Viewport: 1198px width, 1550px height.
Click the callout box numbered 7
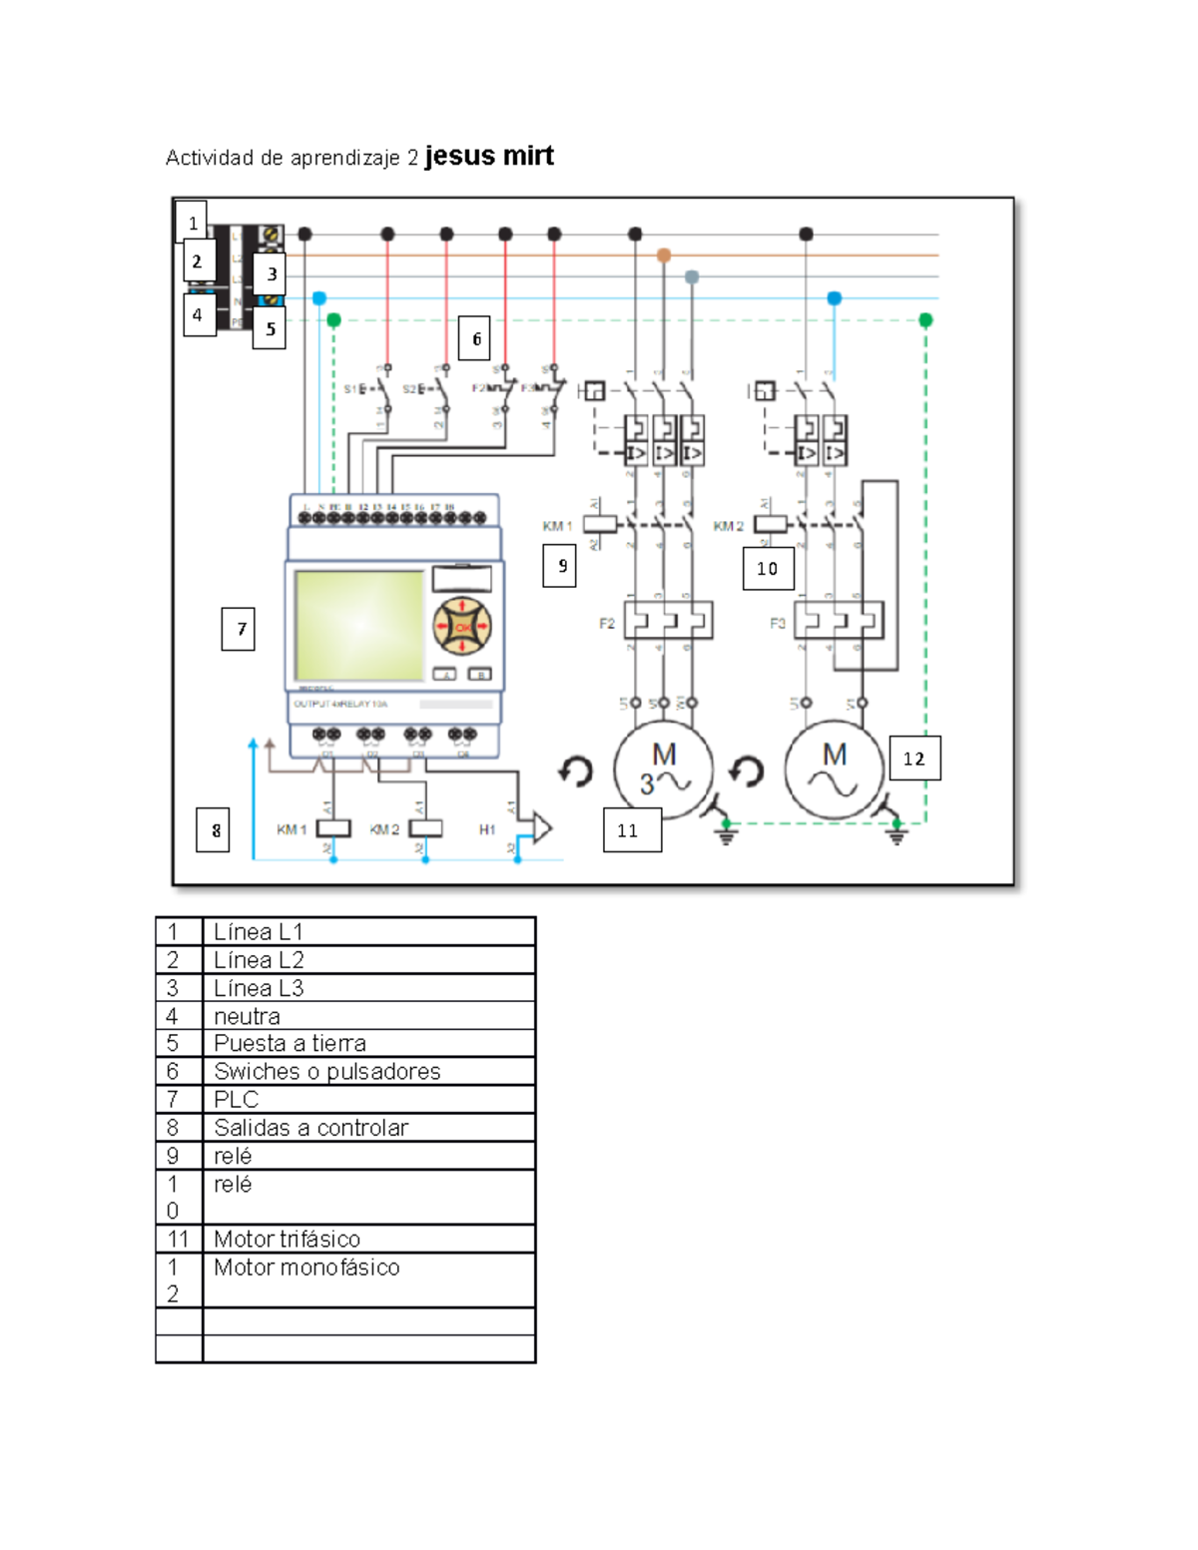click(238, 630)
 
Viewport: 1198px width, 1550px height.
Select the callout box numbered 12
click(914, 759)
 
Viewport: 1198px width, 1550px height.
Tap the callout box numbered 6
click(476, 339)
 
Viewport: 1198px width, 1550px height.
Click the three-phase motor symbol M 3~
click(663, 770)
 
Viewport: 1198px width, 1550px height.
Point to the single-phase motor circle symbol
click(835, 770)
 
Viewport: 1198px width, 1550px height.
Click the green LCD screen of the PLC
click(359, 626)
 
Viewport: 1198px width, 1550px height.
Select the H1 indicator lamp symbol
click(539, 827)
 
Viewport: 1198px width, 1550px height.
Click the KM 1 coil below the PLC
click(333, 828)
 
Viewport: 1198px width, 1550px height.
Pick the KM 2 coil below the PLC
click(426, 828)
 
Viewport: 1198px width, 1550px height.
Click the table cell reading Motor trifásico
click(367, 1239)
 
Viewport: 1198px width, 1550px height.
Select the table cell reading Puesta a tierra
click(367, 1043)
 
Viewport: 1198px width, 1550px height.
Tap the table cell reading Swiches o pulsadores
click(367, 1071)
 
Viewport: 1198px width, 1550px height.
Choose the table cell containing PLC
click(367, 1099)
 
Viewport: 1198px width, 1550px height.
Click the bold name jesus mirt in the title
click(489, 156)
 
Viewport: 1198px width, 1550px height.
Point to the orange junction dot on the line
click(664, 256)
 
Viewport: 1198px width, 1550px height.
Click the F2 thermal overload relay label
click(607, 624)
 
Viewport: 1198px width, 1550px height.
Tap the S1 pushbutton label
click(350, 389)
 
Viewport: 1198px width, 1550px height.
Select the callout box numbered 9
click(560, 566)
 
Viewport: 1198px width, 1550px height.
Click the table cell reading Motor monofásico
click(367, 1279)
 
